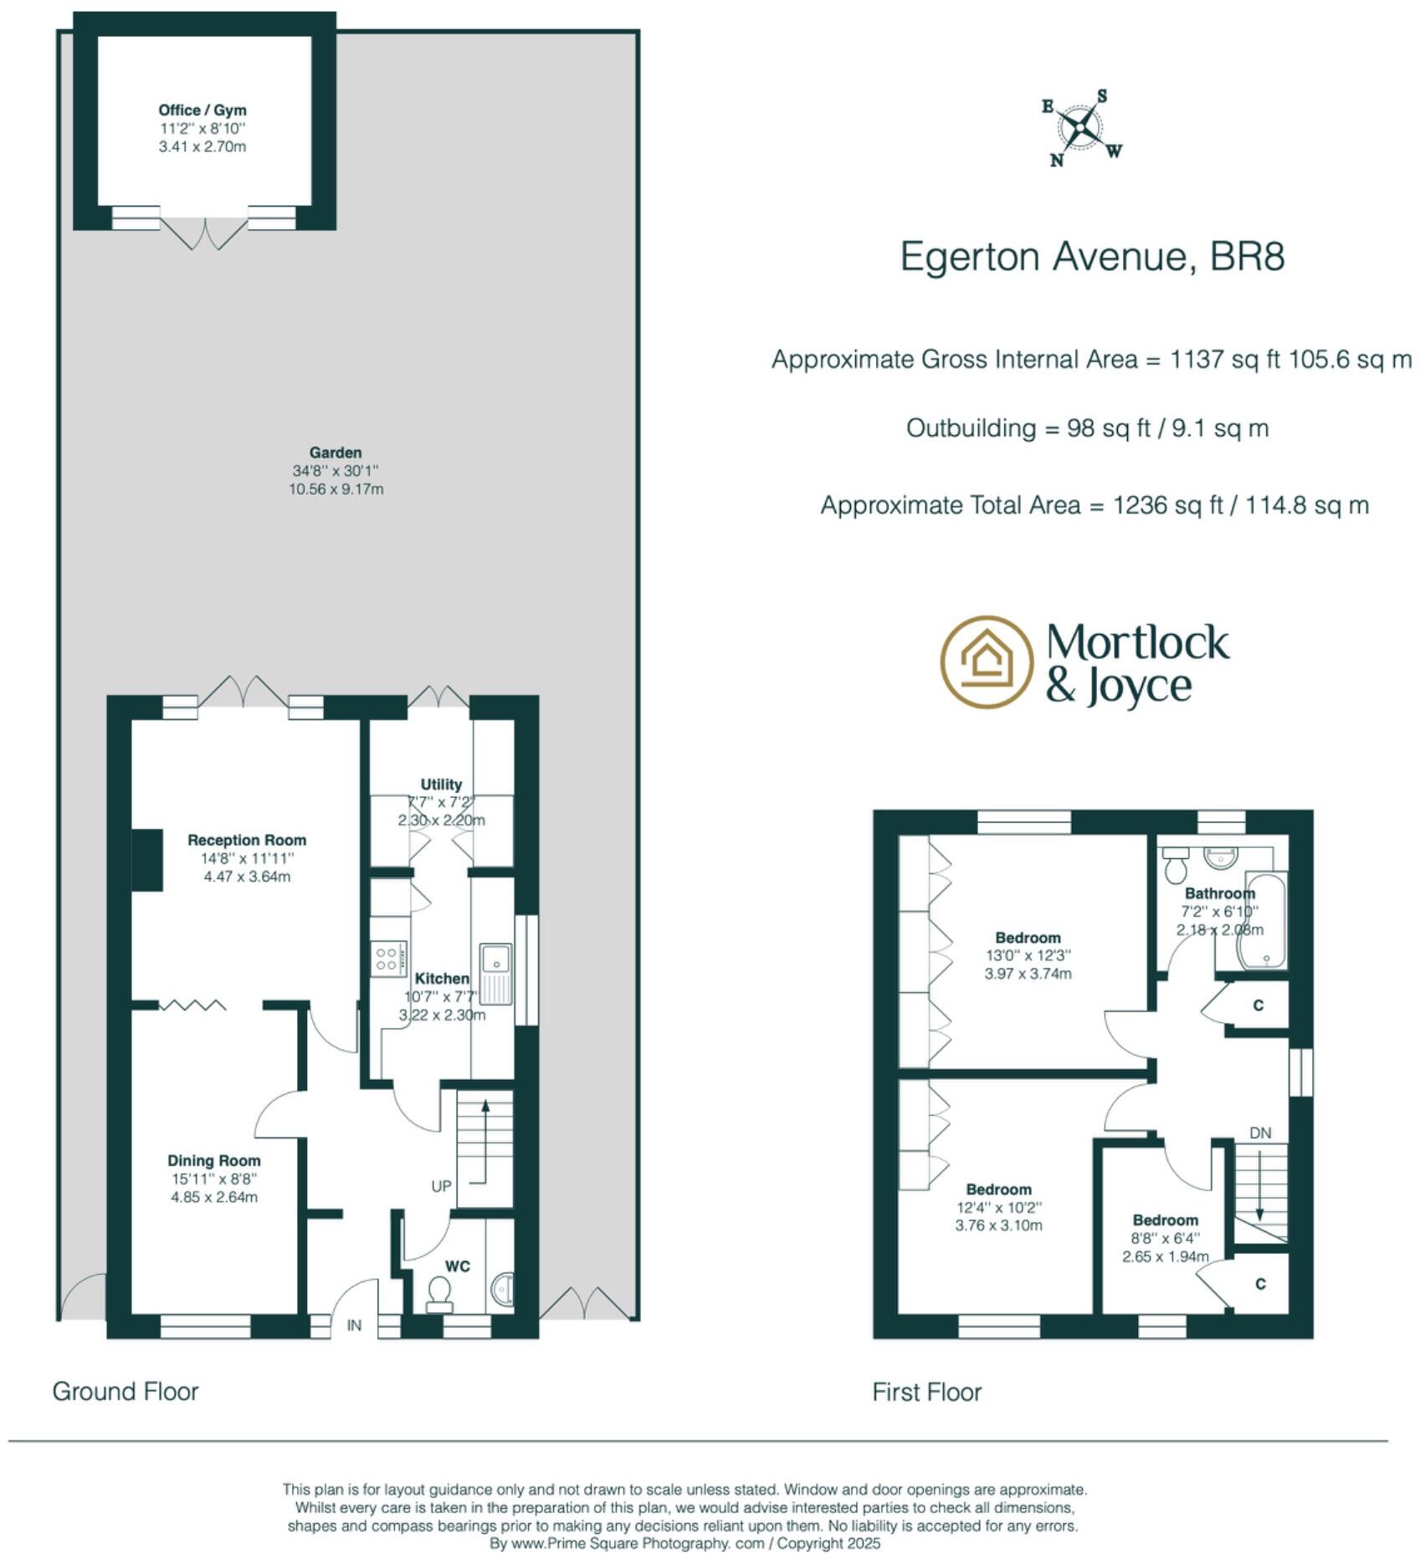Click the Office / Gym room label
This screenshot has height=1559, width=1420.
(202, 110)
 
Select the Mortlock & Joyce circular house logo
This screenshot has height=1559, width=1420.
(986, 662)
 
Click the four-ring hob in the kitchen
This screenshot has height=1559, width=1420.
(388, 958)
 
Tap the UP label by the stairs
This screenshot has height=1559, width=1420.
(441, 1186)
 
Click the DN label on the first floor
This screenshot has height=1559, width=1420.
(1260, 1133)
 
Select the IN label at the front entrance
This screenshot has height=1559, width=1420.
(355, 1326)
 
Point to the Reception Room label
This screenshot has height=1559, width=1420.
(247, 840)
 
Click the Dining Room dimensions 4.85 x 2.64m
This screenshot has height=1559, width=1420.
(214, 1197)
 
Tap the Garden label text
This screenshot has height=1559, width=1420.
(336, 452)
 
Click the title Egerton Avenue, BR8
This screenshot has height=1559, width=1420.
(1092, 257)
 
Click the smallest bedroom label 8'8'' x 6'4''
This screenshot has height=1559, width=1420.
(1165, 1238)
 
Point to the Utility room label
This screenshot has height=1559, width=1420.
(441, 785)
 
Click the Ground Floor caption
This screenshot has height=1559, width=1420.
(126, 1392)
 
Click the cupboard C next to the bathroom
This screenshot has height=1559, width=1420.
(1259, 1005)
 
